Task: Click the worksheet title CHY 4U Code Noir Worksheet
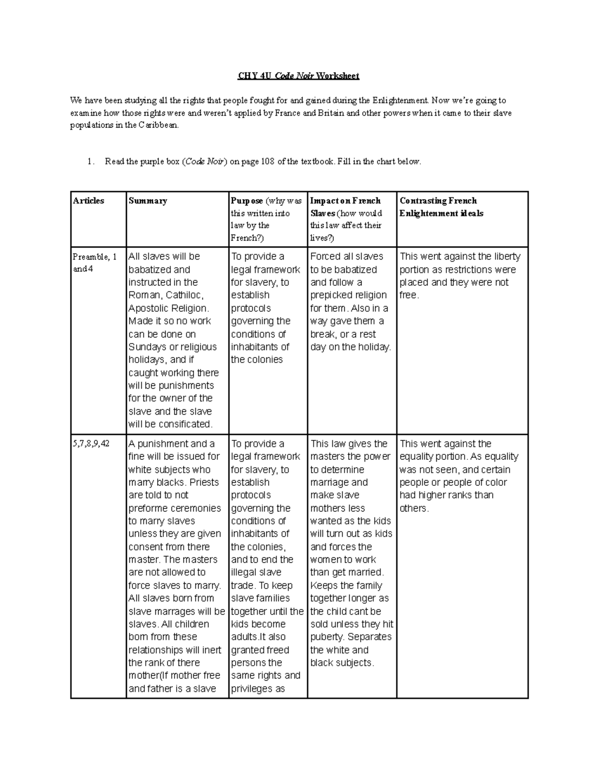[x=298, y=76]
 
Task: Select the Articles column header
[x=89, y=201]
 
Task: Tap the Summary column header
[x=148, y=201]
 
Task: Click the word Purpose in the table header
[x=247, y=201]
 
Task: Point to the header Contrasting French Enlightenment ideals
[x=441, y=207]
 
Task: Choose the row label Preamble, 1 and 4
[x=95, y=262]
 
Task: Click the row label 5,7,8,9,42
[x=91, y=443]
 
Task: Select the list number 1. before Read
[x=90, y=162]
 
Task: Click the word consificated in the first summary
[x=185, y=424]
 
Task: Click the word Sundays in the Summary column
[x=148, y=347]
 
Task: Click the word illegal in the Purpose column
[x=244, y=573]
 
